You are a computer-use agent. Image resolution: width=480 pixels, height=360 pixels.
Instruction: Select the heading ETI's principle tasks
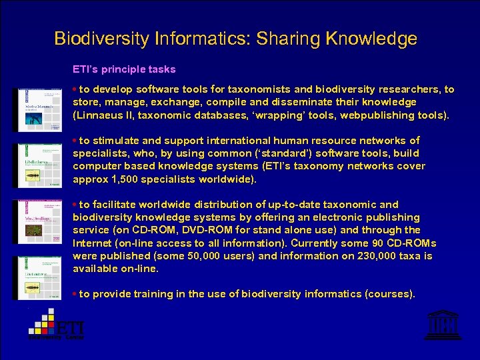click(x=124, y=69)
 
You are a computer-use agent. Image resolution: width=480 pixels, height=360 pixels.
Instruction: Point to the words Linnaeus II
click(x=106, y=115)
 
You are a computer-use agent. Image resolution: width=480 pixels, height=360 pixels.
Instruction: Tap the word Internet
click(x=93, y=243)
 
